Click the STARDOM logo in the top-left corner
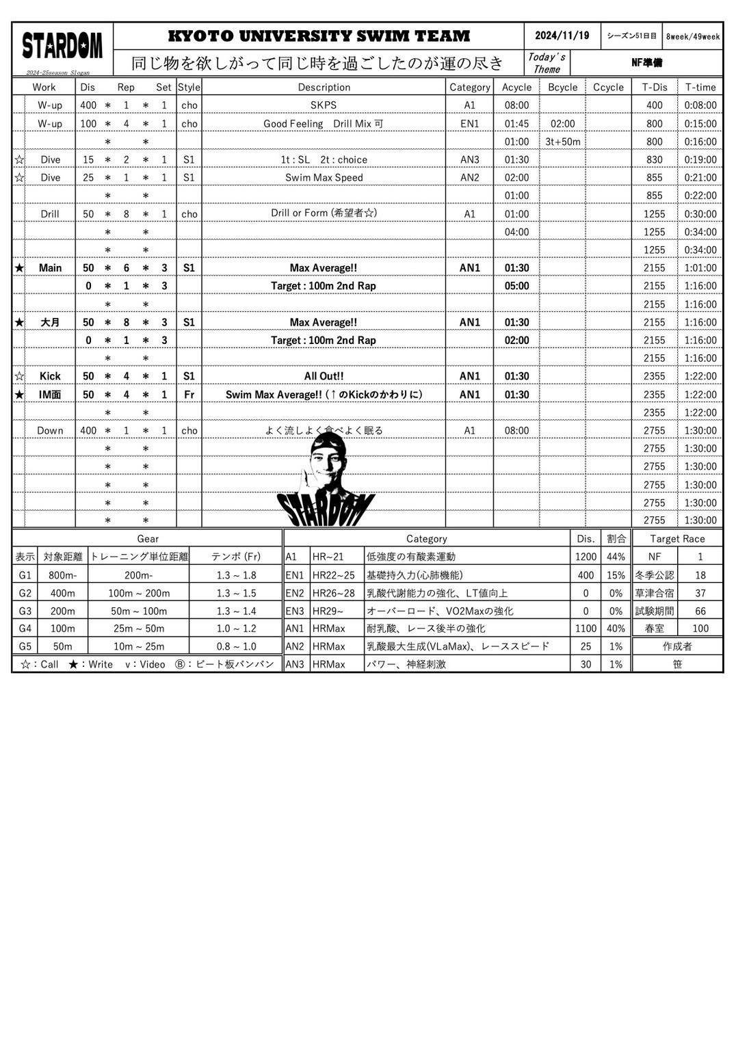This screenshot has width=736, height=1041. coord(62,46)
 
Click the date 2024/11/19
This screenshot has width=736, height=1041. coord(562,36)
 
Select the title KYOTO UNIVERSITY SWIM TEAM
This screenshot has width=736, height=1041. coord(319,36)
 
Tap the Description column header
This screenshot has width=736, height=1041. coord(324,87)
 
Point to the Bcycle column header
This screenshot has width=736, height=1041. coord(562,87)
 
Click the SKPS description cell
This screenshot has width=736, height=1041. coord(324,105)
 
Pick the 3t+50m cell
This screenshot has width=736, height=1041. coord(562,142)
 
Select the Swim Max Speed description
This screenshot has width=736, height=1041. coord(324,177)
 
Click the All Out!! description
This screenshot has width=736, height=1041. coord(324,376)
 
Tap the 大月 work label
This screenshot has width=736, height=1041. coord(50,322)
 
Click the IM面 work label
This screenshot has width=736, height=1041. coord(50,395)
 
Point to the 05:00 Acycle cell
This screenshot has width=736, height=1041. coord(516,286)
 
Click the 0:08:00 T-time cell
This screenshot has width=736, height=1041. coord(700,105)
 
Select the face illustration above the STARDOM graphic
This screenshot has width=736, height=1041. coord(328,462)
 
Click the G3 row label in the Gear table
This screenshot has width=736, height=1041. coord(25,611)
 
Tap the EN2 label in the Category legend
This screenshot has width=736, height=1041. coord(295,593)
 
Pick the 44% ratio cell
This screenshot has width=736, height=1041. coord(616,557)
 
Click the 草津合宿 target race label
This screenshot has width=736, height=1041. coord(654,593)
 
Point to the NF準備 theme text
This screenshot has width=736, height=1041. coord(646,63)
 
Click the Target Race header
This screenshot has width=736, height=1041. coord(677,539)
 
